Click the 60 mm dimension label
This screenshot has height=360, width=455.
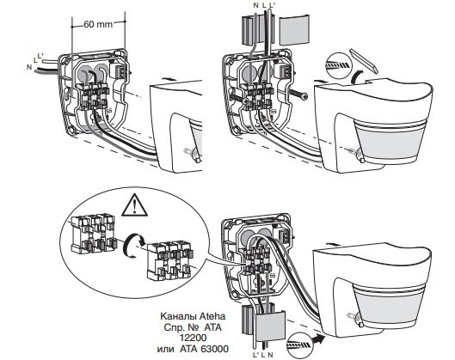(98, 24)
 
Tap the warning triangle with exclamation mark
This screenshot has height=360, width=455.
(134, 206)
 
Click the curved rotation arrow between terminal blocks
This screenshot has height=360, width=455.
(133, 247)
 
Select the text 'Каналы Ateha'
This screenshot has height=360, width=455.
(193, 315)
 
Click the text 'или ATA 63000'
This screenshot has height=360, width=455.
(193, 349)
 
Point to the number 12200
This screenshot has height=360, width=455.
(193, 338)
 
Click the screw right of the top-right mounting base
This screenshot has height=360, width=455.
(298, 95)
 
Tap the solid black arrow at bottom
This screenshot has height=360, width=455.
(318, 339)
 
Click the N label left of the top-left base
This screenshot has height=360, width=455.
(29, 67)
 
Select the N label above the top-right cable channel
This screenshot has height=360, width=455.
(255, 5)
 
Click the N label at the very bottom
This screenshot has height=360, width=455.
(270, 355)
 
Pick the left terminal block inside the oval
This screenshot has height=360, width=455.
(93, 234)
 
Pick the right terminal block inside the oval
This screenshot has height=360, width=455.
(169, 260)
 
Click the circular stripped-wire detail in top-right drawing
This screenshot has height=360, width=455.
(338, 65)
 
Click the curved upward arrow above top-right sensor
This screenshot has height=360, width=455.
(359, 77)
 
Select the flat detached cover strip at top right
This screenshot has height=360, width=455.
(363, 60)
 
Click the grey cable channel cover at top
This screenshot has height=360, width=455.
(294, 31)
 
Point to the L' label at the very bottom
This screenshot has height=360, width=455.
(255, 355)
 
